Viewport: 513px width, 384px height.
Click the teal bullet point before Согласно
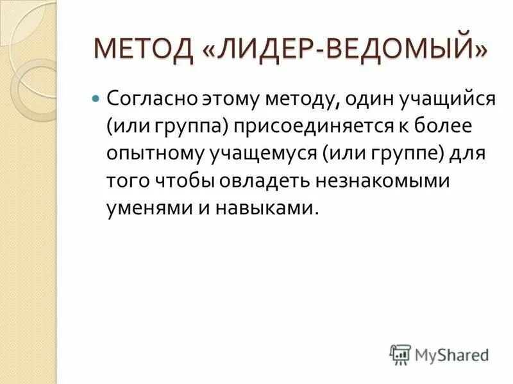[x=96, y=100]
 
